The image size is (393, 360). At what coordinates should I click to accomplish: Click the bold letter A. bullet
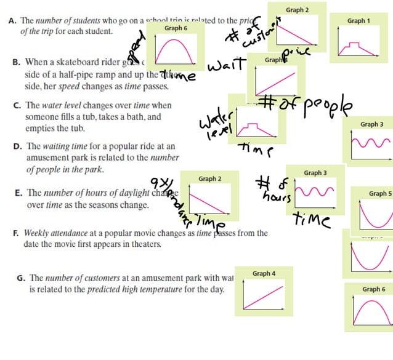[12, 20]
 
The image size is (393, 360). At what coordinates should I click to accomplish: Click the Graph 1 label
[359, 21]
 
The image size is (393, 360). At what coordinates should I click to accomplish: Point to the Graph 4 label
[264, 273]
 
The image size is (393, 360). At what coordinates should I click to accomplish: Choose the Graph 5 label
[379, 193]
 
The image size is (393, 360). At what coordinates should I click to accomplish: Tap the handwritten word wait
[227, 65]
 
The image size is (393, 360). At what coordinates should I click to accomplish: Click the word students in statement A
[91, 20]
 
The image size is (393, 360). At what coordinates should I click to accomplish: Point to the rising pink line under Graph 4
[264, 295]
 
